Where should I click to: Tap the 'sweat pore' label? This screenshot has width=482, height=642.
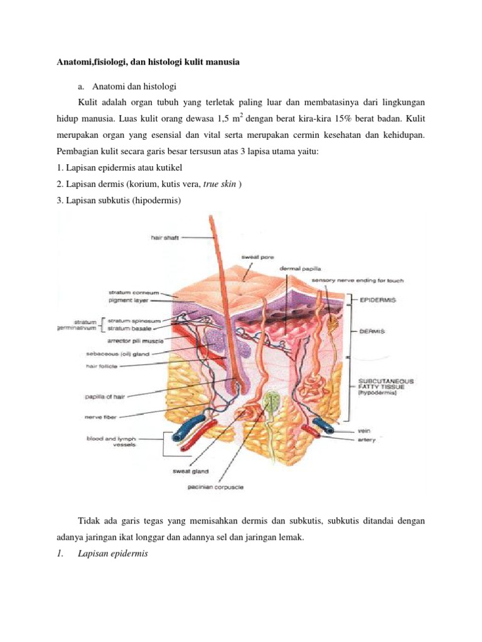(x=257, y=256)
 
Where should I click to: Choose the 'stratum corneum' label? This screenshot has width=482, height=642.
(x=134, y=292)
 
